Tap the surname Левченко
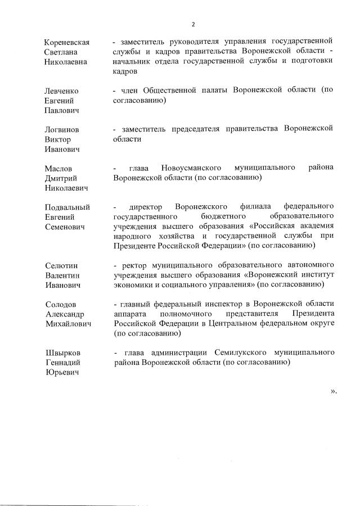pos(62,91)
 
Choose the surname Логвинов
pos(62,129)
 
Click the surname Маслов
pos(58,168)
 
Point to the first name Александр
pos(65,314)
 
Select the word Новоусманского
pos(189,168)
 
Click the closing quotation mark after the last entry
pos(333,391)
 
